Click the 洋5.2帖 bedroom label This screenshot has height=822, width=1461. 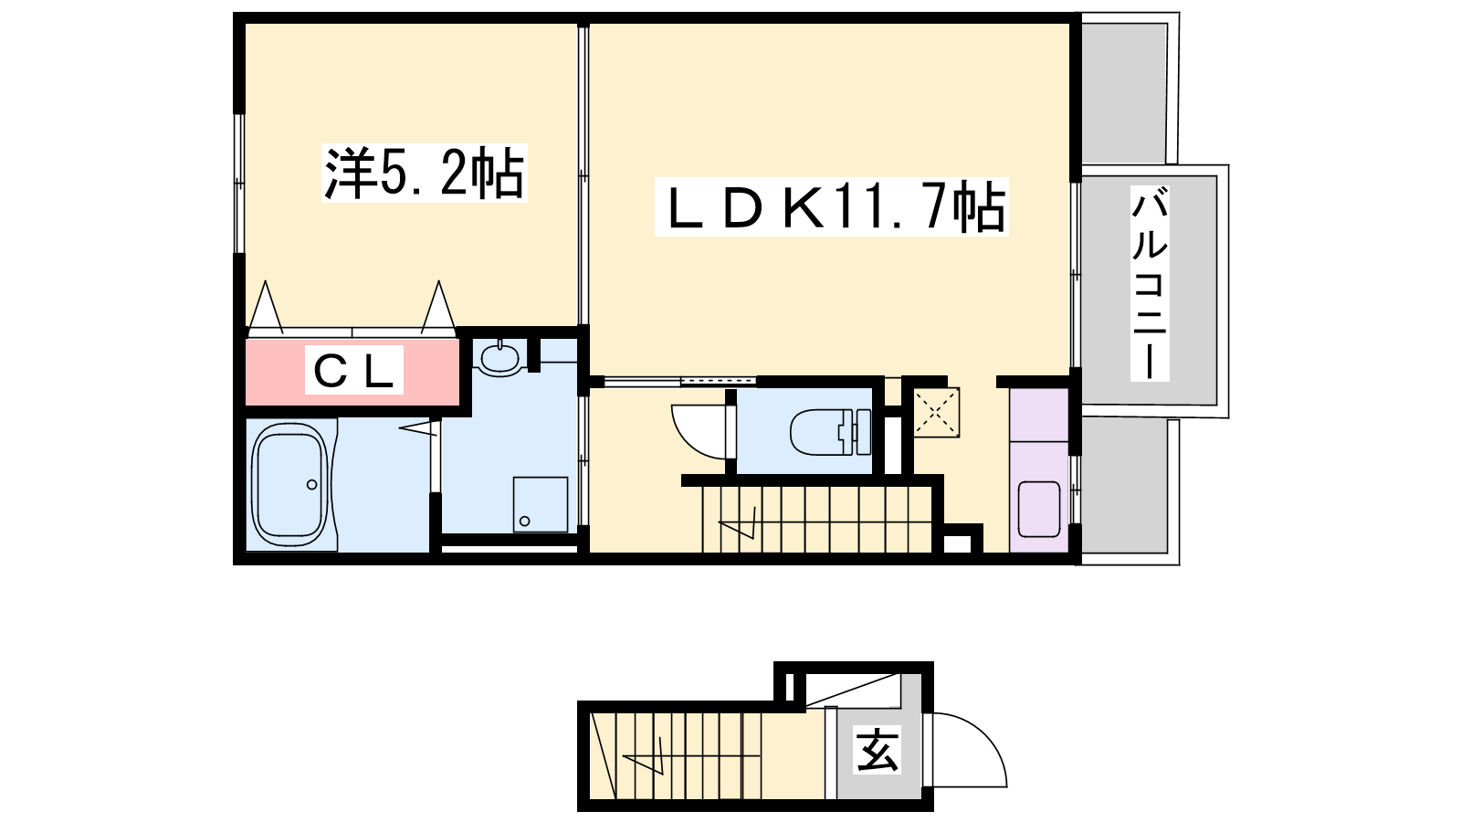425,173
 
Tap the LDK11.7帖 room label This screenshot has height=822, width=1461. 832,206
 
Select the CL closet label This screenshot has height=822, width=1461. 354,371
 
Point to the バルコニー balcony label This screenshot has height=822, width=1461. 1150,283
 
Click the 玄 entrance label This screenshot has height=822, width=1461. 878,750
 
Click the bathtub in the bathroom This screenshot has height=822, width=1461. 289,486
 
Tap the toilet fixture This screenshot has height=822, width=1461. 830,431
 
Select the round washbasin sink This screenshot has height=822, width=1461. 499,358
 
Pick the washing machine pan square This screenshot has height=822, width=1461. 540,504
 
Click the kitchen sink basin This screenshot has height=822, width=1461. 1039,509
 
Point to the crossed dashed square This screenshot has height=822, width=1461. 936,412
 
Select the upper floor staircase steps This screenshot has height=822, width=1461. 816,520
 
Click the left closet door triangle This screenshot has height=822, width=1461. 266,307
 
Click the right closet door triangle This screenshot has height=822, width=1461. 438,307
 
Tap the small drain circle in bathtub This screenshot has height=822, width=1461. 311,485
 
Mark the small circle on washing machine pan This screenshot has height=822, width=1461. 524,522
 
